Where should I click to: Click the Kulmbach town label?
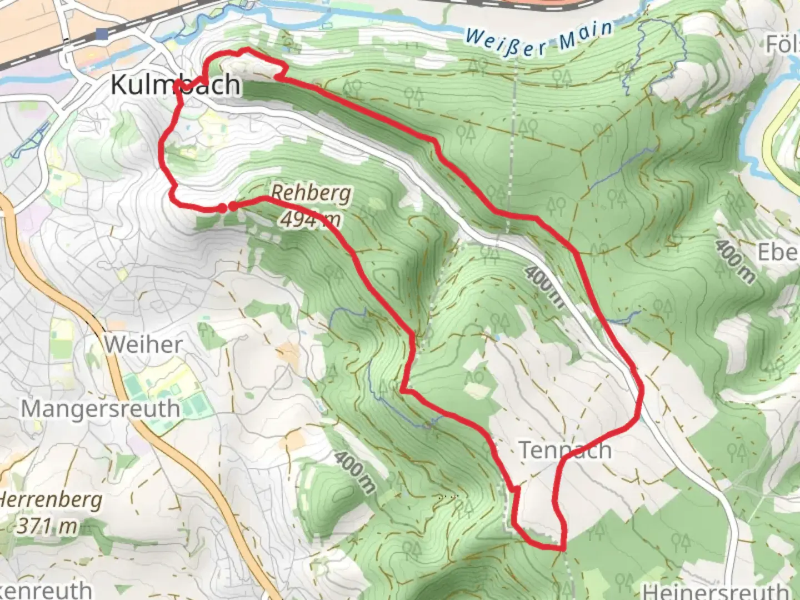coord(176,84)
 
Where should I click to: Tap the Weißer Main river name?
coord(539,39)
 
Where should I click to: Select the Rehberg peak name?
coord(311,193)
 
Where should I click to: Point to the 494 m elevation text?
coord(309,219)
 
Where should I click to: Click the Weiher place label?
coord(143,344)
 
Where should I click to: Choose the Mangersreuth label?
coord(101,409)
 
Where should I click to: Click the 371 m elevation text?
coord(47,525)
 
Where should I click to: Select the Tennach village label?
coord(565,450)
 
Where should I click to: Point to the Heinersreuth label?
coord(717,590)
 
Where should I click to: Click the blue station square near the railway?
coord(102,34)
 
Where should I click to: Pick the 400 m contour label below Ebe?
coord(735,261)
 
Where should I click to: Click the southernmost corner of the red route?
coord(562,549)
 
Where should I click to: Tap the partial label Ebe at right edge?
coord(778,253)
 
